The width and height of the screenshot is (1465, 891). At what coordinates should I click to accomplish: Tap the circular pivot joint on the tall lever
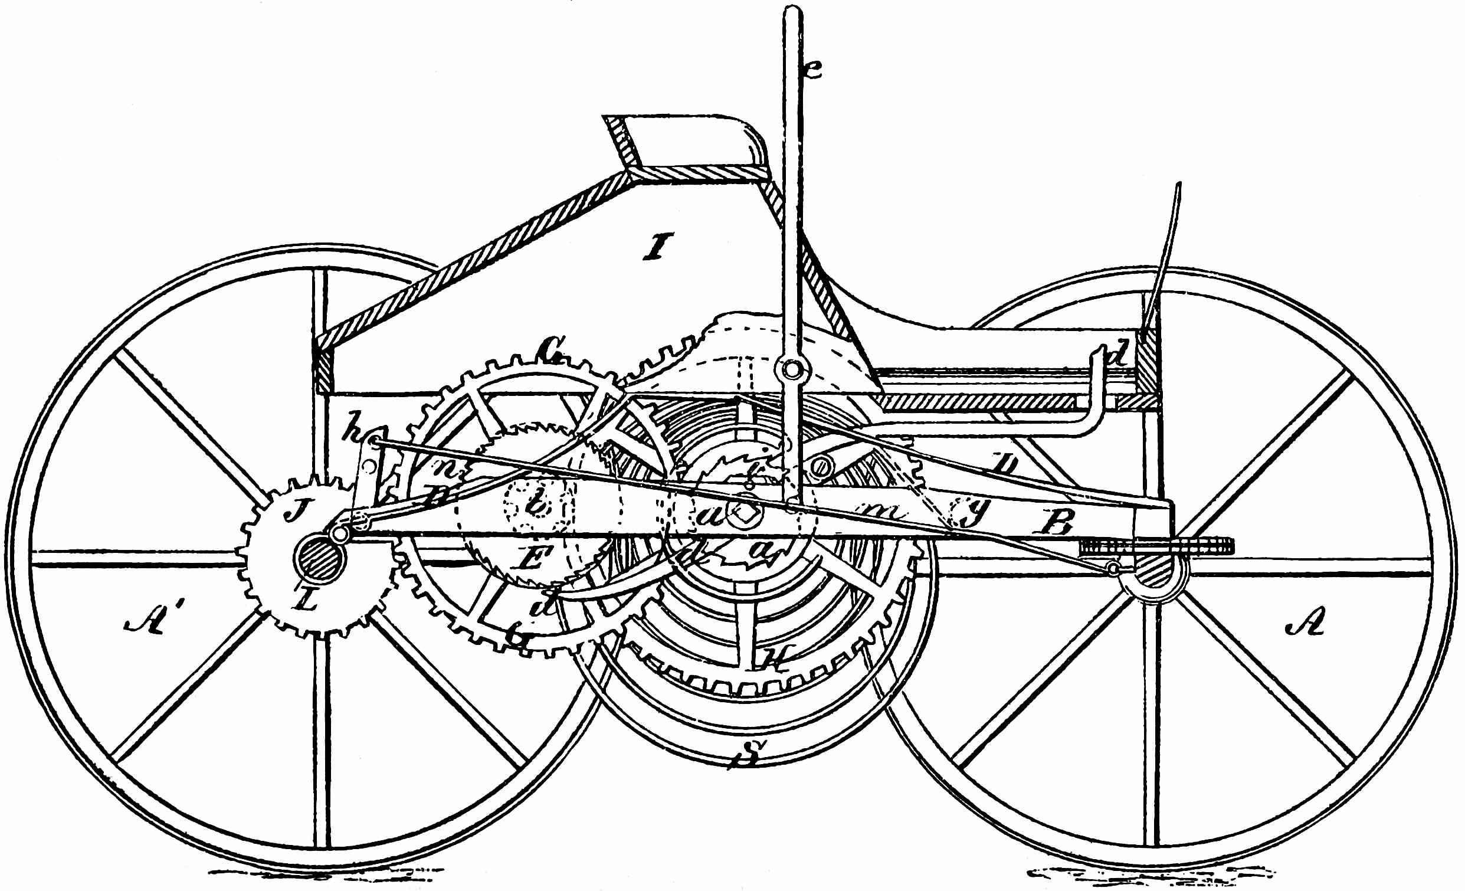click(792, 371)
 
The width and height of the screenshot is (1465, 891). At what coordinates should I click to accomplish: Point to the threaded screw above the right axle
click(1156, 545)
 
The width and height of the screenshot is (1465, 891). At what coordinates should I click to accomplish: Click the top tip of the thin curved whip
click(1179, 184)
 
